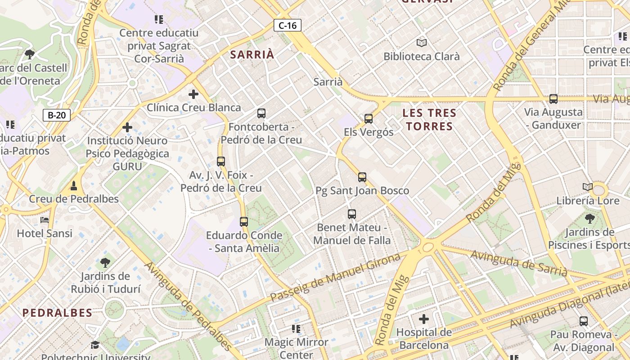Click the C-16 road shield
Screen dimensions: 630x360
point(288,26)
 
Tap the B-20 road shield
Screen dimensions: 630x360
point(57,115)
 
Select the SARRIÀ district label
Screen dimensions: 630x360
point(252,55)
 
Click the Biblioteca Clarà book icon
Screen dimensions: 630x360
point(421,43)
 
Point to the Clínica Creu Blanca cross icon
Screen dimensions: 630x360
point(193,94)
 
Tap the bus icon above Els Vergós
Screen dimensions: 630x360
point(369,119)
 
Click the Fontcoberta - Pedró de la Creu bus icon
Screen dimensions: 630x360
point(261,113)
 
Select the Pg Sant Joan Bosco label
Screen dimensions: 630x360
point(362,190)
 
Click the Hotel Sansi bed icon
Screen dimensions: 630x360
point(45,220)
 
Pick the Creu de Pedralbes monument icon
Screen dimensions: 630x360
point(74,185)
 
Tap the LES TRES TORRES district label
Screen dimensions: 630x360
point(429,119)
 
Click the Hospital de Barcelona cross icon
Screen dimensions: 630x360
point(423,319)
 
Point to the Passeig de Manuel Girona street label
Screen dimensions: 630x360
point(335,278)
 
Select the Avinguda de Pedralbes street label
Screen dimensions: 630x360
point(189,306)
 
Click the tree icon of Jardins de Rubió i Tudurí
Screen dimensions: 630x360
point(105,263)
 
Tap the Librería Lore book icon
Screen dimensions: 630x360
point(588,187)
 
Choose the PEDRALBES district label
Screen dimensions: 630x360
point(57,313)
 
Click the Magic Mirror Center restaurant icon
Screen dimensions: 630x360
point(296,329)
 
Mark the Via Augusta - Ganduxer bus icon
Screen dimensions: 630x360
point(553,99)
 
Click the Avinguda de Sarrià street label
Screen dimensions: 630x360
point(519,263)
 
